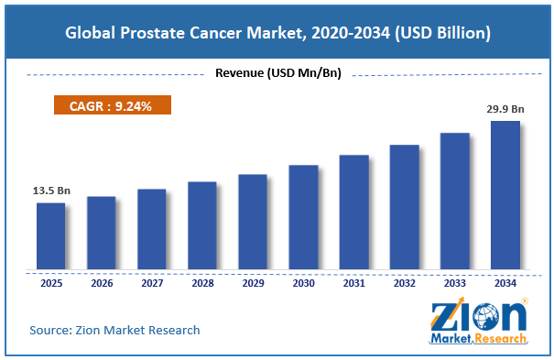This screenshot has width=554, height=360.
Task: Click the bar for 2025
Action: pyautogui.click(x=51, y=236)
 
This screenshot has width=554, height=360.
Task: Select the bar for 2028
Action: pyautogui.click(x=202, y=225)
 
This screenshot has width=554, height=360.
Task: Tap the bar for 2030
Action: pyautogui.click(x=303, y=217)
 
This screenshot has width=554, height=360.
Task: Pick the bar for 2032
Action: pyautogui.click(x=404, y=207)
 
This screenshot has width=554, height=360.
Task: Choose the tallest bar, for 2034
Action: pyautogui.click(x=505, y=195)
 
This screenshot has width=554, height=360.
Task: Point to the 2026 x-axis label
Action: pyautogui.click(x=102, y=283)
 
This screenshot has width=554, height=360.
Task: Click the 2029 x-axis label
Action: pyautogui.click(x=253, y=283)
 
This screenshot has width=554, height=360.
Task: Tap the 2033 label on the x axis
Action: pyautogui.click(x=455, y=283)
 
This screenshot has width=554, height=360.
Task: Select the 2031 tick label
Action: pyautogui.click(x=354, y=283)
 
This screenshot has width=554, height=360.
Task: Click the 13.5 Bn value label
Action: pyautogui.click(x=51, y=191)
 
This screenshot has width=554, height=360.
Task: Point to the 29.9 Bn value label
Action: pyautogui.click(x=505, y=109)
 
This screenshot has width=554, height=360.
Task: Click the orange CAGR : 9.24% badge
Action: pyautogui.click(x=113, y=105)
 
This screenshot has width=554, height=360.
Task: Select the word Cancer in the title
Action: pyautogui.click(x=215, y=33)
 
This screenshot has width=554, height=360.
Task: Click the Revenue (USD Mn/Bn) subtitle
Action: pyautogui.click(x=278, y=73)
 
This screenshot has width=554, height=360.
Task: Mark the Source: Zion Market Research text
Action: pyautogui.click(x=114, y=330)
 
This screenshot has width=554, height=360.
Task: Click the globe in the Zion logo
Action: pyautogui.click(x=486, y=316)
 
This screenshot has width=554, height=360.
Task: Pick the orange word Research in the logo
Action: pyautogui.click(x=500, y=338)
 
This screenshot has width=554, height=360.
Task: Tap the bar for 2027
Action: pyautogui.click(x=152, y=229)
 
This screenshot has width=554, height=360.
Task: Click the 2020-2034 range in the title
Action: pyautogui.click(x=351, y=33)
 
